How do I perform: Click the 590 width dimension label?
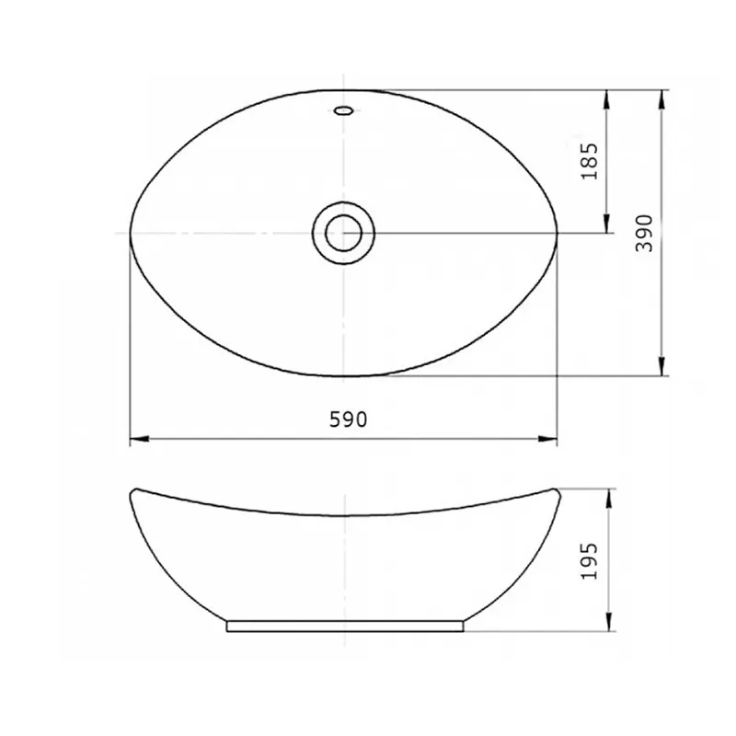348,420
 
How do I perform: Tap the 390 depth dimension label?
644,234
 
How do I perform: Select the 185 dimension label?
590,161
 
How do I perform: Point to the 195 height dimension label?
590,561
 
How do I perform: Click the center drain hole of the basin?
343,233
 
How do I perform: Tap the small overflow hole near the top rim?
343,110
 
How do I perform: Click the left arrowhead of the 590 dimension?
139,439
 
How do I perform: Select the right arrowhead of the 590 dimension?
547,439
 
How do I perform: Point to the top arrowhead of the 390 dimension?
661,99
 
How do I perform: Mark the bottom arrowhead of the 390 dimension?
661,366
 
